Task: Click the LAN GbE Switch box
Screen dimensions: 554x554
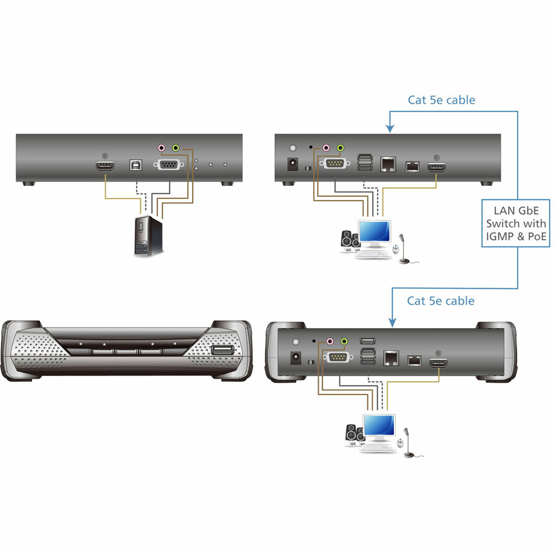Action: (x=516, y=223)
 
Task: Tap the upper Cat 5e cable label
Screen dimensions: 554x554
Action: (x=441, y=100)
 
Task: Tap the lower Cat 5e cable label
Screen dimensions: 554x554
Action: (x=441, y=300)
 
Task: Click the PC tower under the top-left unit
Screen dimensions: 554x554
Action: (x=148, y=236)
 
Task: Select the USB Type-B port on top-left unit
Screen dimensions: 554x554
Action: (x=135, y=164)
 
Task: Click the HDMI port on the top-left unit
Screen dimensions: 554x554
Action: (x=105, y=166)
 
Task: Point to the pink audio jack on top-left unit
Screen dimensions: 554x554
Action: (x=161, y=147)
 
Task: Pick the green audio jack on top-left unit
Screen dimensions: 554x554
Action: (x=176, y=147)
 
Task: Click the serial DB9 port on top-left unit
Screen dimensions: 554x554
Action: (x=169, y=164)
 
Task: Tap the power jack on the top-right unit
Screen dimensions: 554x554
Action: (x=292, y=164)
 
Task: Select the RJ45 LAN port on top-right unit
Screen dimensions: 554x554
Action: (x=388, y=164)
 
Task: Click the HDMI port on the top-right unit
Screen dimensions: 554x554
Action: (x=436, y=166)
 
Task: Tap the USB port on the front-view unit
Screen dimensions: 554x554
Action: (x=223, y=350)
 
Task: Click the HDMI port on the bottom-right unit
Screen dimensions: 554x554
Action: (x=438, y=363)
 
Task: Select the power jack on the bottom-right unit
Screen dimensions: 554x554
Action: (x=295, y=358)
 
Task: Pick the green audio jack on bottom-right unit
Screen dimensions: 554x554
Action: (x=344, y=341)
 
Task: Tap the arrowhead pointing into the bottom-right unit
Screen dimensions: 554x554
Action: (x=392, y=323)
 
